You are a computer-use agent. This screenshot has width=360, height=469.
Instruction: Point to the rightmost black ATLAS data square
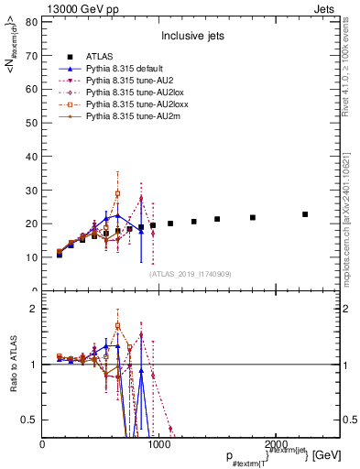305,214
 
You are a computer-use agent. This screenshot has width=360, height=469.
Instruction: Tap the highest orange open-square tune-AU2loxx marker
117,193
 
